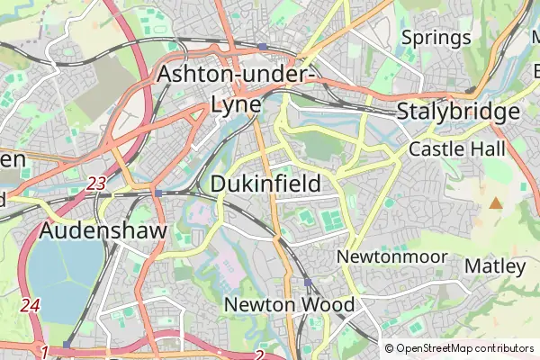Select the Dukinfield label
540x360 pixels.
click(265, 184)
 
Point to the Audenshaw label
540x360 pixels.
click(103, 231)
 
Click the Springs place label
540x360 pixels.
click(436, 38)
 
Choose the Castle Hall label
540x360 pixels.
click(457, 149)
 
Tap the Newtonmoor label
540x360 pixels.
click(391, 256)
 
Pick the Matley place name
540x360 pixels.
click(495, 266)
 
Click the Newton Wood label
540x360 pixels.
click(289, 304)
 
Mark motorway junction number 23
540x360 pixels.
click(96, 183)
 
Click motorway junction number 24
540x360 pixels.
click(31, 305)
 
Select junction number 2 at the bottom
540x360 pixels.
click(259, 355)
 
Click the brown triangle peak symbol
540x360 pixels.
click(495, 202)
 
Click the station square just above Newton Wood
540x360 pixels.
click(308, 283)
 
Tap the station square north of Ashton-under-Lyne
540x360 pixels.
click(261, 46)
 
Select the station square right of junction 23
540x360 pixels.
click(158, 193)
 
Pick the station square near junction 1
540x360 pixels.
click(67, 344)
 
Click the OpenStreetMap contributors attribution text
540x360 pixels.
click(464, 348)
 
